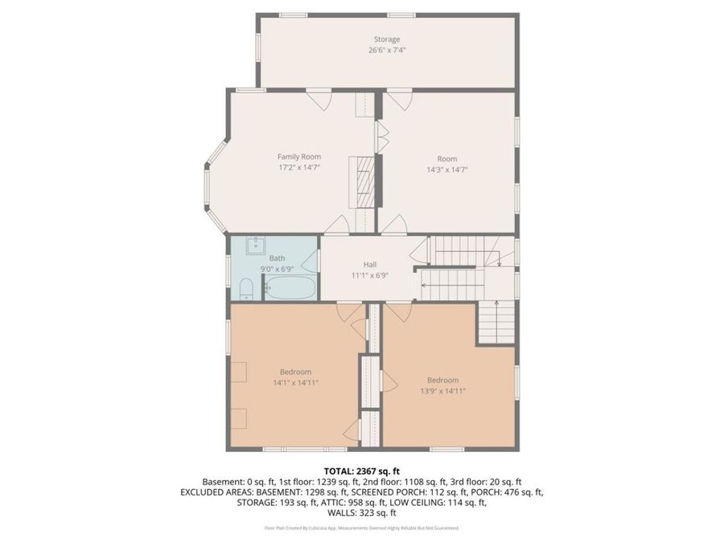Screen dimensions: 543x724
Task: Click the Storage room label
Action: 386,39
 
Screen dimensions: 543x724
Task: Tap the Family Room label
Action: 299,156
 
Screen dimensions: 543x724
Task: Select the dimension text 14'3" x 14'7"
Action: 447,170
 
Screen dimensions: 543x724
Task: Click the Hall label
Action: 370,264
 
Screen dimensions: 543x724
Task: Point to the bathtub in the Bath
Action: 291,287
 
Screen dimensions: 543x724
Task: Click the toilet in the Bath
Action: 248,287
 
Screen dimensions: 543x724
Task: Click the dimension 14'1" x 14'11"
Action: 295,383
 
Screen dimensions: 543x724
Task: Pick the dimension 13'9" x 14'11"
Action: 442,391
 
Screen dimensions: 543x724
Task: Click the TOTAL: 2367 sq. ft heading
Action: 362,470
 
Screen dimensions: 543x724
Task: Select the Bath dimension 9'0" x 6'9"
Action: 277,269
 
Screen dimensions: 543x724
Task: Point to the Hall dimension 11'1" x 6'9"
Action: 370,275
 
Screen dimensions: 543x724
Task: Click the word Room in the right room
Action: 447,158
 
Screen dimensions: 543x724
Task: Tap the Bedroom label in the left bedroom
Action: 295,372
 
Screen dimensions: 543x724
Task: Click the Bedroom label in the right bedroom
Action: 442,380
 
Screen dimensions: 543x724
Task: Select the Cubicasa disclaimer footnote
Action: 362,528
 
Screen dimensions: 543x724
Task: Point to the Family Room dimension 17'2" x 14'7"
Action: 299,167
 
